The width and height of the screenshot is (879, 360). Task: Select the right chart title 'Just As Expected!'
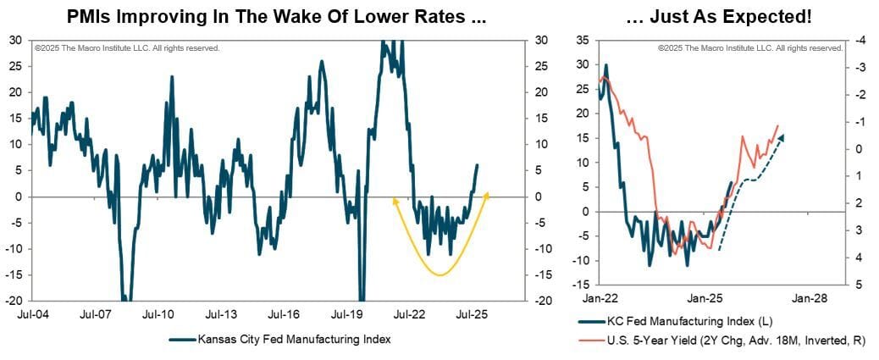click(x=719, y=15)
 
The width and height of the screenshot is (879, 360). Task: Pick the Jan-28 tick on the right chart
click(x=810, y=298)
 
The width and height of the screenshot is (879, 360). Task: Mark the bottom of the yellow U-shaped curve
click(x=439, y=274)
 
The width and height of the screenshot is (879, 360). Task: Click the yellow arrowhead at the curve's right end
click(x=487, y=195)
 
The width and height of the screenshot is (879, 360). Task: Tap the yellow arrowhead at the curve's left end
click(x=394, y=200)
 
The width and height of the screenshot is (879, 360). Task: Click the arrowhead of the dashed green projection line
click(x=782, y=136)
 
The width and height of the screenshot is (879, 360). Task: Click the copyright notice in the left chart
click(x=127, y=48)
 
